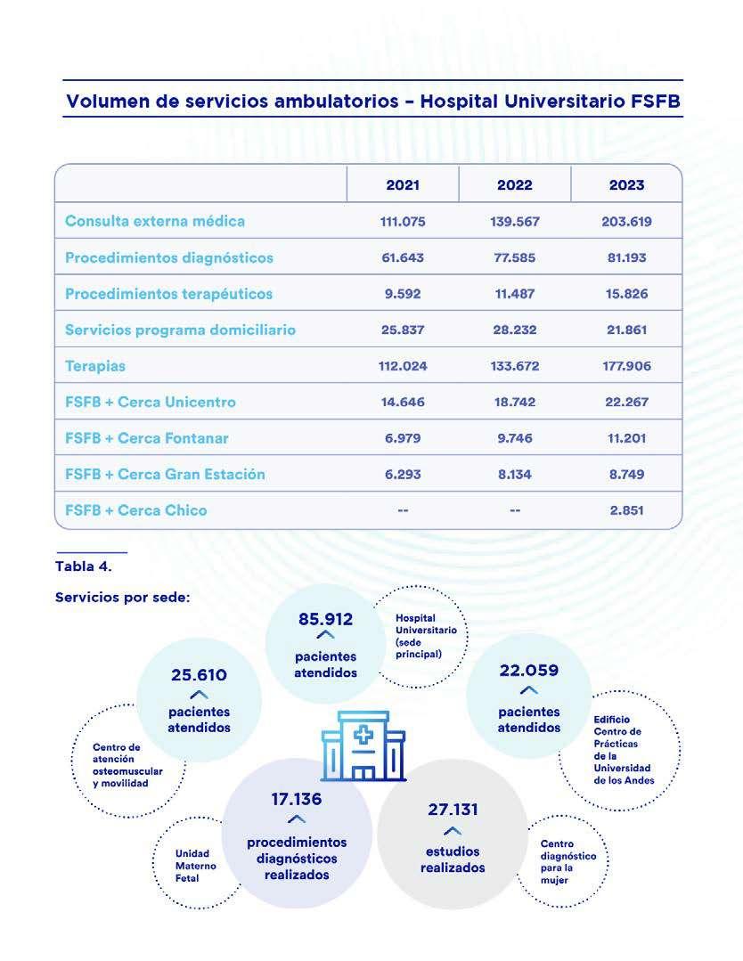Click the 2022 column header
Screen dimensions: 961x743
pyautogui.click(x=514, y=185)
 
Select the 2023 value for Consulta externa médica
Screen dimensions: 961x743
pyautogui.click(x=626, y=221)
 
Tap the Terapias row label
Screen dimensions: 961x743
pyautogui.click(x=95, y=365)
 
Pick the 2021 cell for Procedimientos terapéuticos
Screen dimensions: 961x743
pyautogui.click(x=403, y=293)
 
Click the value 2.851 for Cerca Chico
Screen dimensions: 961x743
pyautogui.click(x=626, y=510)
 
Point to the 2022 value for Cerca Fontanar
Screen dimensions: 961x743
pyautogui.click(x=514, y=438)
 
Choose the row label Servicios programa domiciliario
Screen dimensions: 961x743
pyautogui.click(x=180, y=330)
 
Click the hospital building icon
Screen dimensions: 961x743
pyautogui.click(x=363, y=745)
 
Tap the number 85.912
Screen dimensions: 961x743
pyautogui.click(x=325, y=619)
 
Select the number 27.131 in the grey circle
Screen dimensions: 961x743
pyautogui.click(x=453, y=810)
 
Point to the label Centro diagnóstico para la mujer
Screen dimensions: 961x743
pyautogui.click(x=568, y=861)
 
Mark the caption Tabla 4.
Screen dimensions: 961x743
pyautogui.click(x=84, y=566)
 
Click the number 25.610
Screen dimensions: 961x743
pyautogui.click(x=199, y=675)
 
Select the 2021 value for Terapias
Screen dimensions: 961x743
pyautogui.click(x=403, y=366)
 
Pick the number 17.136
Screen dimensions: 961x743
pyautogui.click(x=297, y=799)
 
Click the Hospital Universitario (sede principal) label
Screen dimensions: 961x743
pyautogui.click(x=426, y=636)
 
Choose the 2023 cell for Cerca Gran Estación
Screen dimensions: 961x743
pyautogui.click(x=626, y=474)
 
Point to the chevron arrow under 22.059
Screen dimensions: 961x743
pyautogui.click(x=528, y=690)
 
